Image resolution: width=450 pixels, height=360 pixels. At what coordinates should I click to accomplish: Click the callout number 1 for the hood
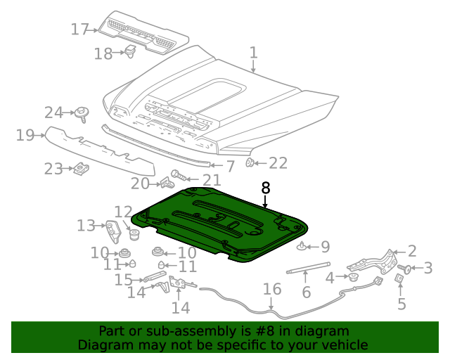point(253,53)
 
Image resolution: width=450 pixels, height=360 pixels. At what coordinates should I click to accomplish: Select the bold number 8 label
point(265,188)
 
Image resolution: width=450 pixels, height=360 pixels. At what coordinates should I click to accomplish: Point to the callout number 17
point(79,30)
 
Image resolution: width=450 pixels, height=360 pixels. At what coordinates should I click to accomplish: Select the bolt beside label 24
point(83,113)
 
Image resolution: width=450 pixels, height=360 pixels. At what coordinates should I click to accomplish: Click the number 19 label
point(25,135)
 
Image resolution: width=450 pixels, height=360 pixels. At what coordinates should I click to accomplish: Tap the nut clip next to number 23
point(81,169)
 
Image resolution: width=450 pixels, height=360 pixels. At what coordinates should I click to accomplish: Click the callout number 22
point(278,163)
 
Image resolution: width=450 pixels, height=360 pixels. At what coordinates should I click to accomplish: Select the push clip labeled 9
point(302,246)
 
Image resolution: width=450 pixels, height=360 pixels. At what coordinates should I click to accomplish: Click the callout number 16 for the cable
point(271,289)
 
